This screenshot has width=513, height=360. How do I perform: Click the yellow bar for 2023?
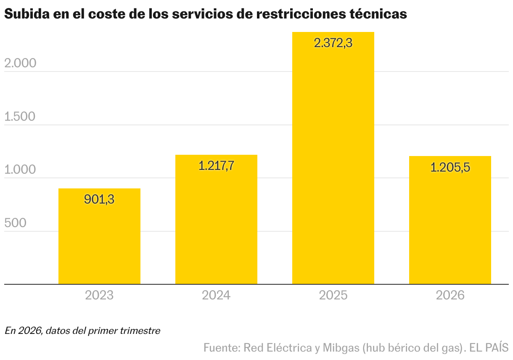tap(99, 244)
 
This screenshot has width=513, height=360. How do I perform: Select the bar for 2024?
tap(216, 227)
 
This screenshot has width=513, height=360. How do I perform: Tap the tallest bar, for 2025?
tap(333, 168)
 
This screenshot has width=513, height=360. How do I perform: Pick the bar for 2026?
tap(450, 227)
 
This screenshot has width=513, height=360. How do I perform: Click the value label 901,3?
tap(99, 199)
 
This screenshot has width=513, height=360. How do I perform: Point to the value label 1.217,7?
tap(216, 166)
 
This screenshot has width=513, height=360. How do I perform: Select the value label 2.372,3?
tap(333, 43)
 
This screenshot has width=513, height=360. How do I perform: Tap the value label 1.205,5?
tap(450, 167)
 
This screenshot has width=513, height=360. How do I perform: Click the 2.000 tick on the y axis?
tap(20, 63)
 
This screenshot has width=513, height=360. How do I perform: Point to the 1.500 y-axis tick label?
tap(20, 116)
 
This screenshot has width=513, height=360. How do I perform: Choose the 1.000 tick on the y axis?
tap(20, 170)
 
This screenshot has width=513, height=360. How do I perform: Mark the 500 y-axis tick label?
tap(15, 223)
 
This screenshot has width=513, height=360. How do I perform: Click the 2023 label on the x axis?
tap(99, 295)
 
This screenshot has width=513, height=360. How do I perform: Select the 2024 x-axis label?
tap(216, 295)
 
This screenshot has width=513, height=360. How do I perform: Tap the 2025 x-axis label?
tap(333, 295)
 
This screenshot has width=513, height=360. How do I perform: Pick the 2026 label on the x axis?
tap(450, 295)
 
